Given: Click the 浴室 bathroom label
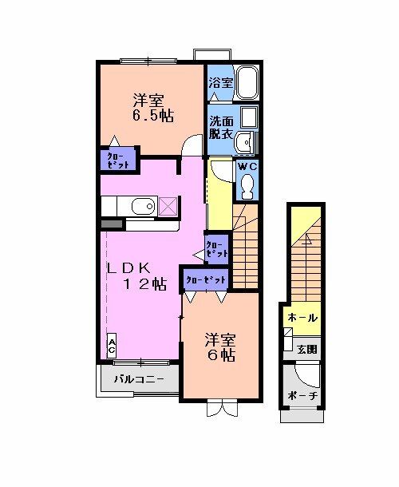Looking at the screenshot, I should coord(220,83).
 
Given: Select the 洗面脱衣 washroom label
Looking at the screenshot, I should coord(221,128).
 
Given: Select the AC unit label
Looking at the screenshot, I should coord(113,345).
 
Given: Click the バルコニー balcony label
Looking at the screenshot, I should coord(139,378).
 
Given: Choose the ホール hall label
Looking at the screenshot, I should coord(302,317).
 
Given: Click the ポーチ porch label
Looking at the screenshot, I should coord(302,396).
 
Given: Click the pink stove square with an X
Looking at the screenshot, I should coord(168,207).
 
